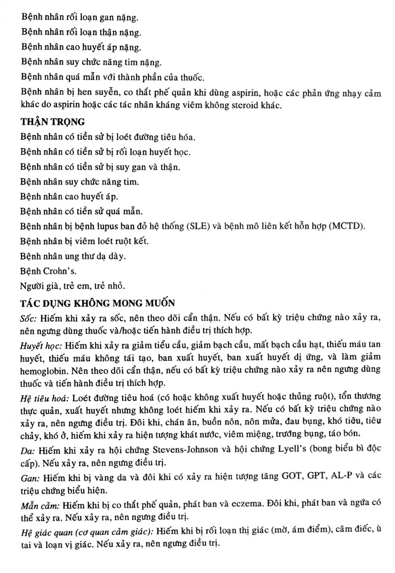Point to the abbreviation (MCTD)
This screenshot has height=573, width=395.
click(x=354, y=227)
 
